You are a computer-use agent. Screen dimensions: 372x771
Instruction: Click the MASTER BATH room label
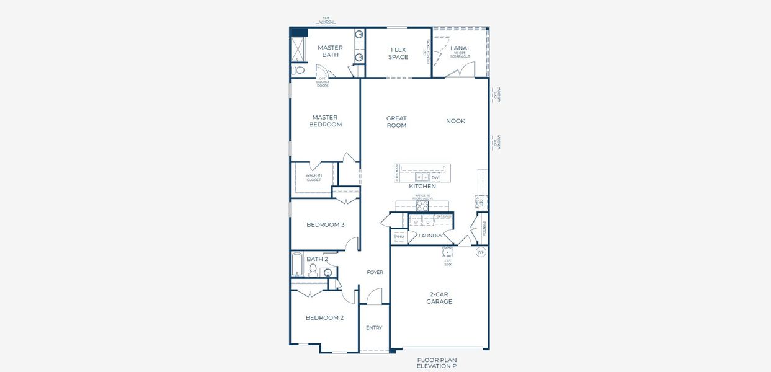pos(330,51)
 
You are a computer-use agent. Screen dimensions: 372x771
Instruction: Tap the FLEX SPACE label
pos(398,53)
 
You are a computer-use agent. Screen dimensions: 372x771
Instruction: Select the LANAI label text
pos(460,48)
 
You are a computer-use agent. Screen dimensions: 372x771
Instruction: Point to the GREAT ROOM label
pos(396,122)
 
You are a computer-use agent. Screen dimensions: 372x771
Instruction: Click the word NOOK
pos(455,121)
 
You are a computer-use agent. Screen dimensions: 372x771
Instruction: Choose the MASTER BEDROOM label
pos(325,121)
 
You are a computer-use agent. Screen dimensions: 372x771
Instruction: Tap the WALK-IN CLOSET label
pos(314,178)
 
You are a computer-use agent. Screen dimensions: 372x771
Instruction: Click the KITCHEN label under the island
pos(422,186)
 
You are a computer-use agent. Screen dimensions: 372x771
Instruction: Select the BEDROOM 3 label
pos(325,224)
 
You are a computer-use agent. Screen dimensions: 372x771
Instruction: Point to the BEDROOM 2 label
pos(324,317)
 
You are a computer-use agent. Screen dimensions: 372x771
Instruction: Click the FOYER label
pos(375,272)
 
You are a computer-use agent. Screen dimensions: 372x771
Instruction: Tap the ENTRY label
pos(374,327)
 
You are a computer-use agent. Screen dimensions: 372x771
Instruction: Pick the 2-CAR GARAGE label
pos(439,298)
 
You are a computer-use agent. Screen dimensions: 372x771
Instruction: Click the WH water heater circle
pos(481,252)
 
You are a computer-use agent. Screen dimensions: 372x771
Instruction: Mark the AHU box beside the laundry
pos(398,236)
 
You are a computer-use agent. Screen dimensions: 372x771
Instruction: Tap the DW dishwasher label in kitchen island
pos(435,177)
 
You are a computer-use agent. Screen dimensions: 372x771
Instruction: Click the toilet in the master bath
pos(300,70)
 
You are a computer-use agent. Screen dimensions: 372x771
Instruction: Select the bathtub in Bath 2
pos(298,265)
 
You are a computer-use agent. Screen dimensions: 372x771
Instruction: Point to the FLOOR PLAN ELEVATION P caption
pos(437,363)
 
